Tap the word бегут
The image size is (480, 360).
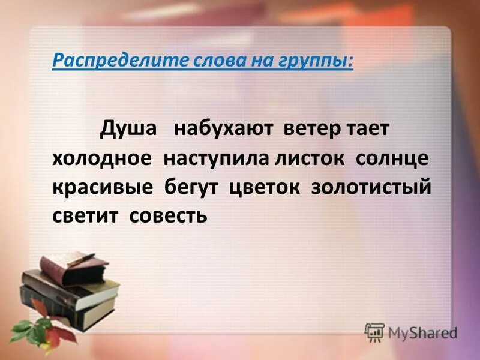(x=194, y=187)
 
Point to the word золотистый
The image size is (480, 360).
(x=371, y=187)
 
